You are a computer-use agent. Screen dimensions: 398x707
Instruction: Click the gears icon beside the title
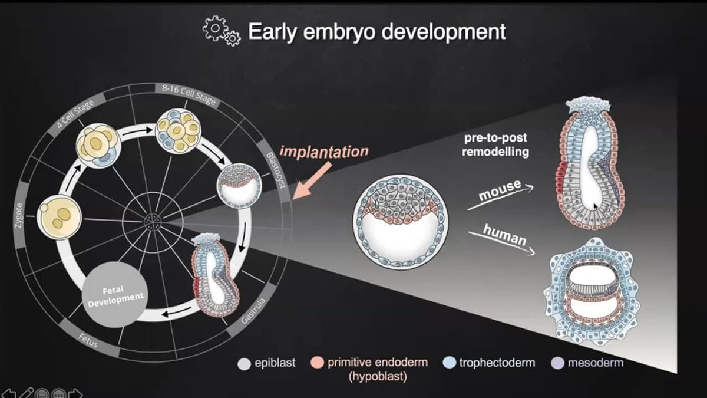(x=221, y=31)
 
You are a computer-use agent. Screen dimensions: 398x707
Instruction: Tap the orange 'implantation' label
(x=325, y=151)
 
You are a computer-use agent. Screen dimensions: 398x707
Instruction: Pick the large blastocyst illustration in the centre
(x=401, y=219)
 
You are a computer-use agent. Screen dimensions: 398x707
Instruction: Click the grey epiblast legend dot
(x=243, y=363)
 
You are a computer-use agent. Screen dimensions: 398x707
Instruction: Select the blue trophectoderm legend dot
(x=450, y=363)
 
